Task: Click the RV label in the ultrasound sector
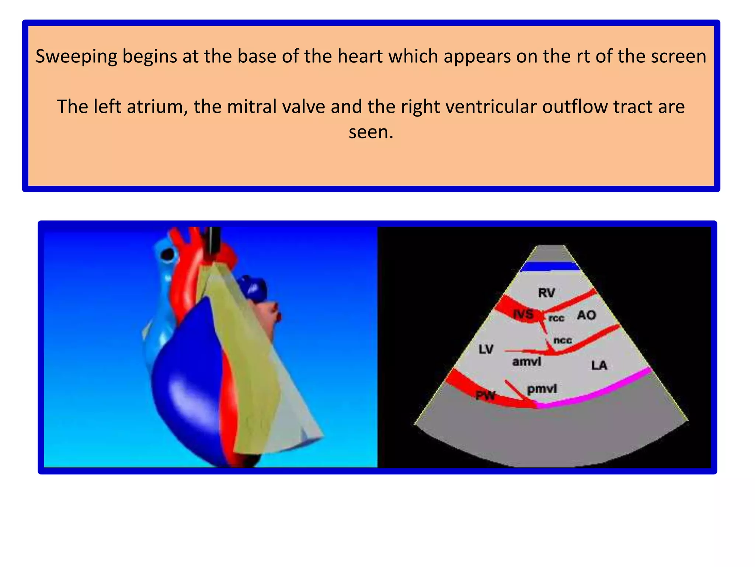(x=546, y=293)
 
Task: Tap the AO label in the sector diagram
(x=587, y=315)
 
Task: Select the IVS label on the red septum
(x=523, y=314)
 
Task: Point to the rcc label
(x=556, y=318)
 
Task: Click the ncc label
(x=563, y=340)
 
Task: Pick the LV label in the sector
(x=486, y=349)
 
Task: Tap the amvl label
(x=527, y=361)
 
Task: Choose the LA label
(x=599, y=365)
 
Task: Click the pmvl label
(x=542, y=389)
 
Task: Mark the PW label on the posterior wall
(x=485, y=395)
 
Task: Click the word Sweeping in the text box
(x=76, y=56)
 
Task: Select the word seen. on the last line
(x=371, y=132)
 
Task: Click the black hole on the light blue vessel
(x=168, y=254)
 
